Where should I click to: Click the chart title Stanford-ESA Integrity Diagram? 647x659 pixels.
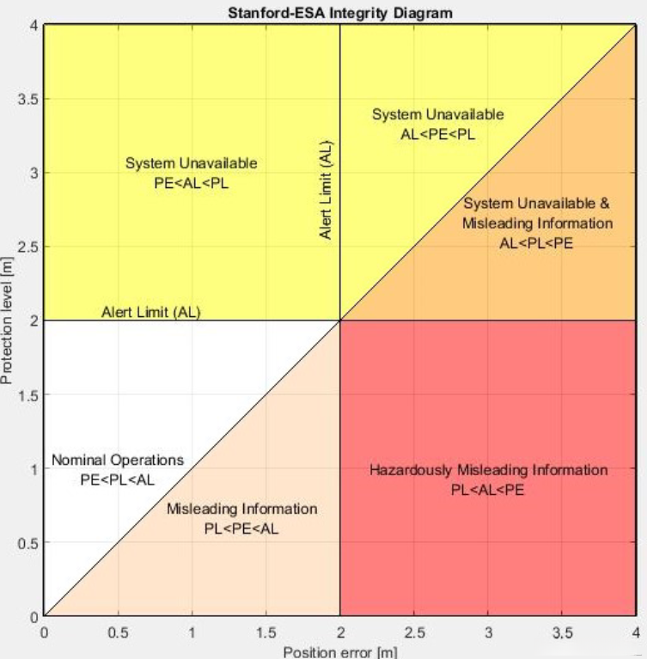tap(340, 12)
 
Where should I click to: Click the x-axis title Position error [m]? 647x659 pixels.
tap(340, 651)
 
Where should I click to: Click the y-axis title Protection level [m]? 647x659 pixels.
tap(8, 320)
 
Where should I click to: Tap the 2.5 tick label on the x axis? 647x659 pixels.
tap(413, 632)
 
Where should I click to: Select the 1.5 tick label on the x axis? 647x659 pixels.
tap(266, 632)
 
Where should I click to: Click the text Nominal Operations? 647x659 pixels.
tap(118, 461)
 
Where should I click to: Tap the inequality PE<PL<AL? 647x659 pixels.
tap(118, 479)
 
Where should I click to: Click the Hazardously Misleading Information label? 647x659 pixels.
tap(488, 471)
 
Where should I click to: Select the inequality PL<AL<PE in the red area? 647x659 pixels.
tap(488, 491)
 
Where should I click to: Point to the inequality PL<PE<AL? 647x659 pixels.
tap(241, 528)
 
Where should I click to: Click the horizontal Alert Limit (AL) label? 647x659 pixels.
tap(150, 311)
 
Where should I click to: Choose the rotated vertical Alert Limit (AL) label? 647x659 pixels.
tap(327, 190)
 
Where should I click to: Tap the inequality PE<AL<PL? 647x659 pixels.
tap(191, 183)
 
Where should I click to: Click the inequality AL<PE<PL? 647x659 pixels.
tap(438, 134)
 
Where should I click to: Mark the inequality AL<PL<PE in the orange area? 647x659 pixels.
tap(537, 243)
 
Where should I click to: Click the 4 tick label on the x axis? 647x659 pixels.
tap(635, 632)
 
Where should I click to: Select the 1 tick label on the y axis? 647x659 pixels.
tap(33, 469)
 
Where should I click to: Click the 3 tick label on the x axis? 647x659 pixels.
tap(487, 632)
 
